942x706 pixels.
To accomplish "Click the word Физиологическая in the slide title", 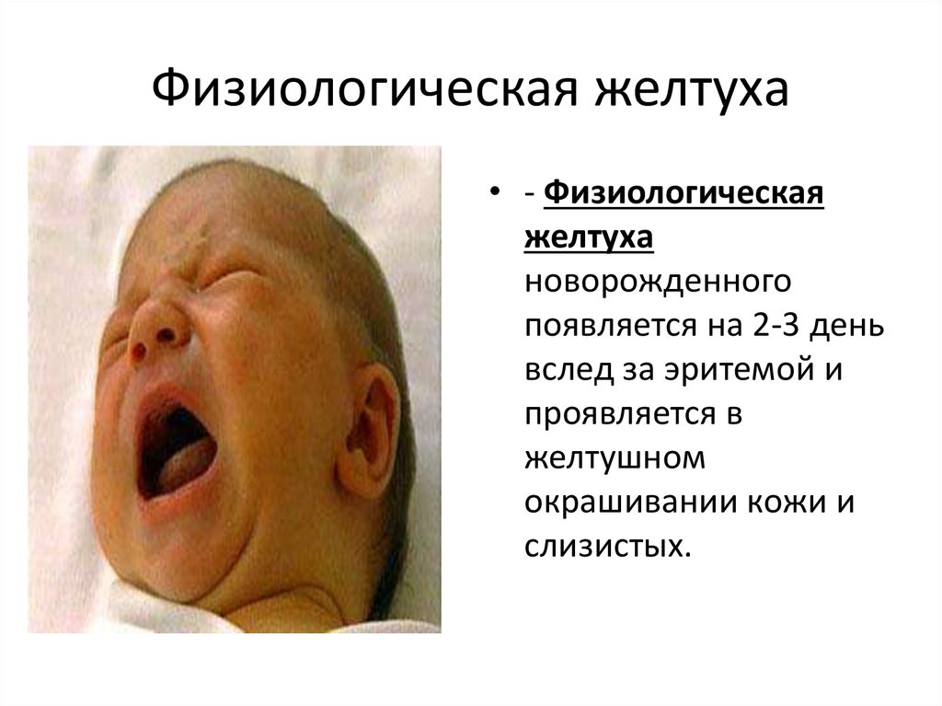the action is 364,90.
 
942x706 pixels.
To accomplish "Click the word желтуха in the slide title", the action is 692,89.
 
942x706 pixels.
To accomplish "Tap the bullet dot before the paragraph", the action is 494,192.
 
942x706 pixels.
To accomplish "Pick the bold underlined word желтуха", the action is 589,237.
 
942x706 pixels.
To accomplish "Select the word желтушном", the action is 615,458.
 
